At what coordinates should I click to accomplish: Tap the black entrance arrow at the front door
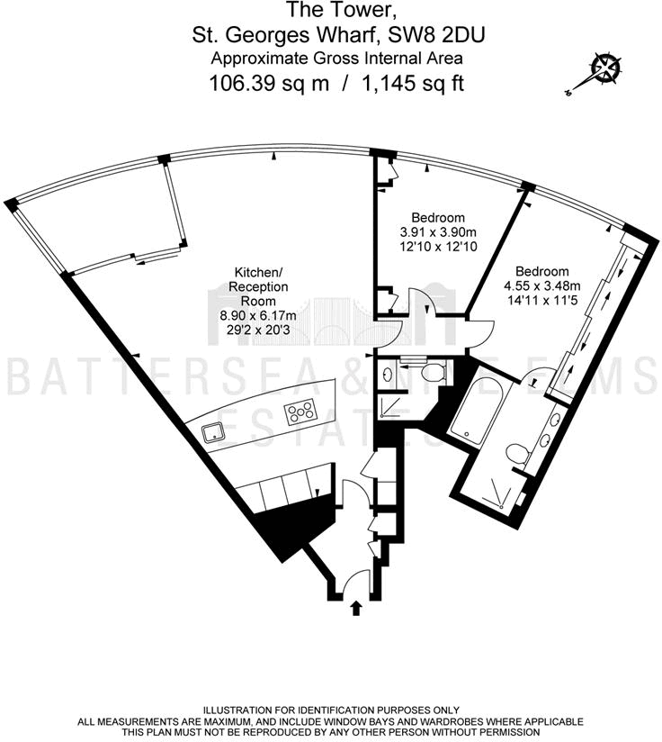point(355,609)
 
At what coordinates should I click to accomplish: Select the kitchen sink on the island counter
point(215,432)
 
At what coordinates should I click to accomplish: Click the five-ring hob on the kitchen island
point(300,413)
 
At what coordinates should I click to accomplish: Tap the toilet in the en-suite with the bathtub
point(515,454)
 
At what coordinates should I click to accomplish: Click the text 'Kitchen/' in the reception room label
point(260,272)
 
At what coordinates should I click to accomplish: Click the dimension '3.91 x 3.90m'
point(438,232)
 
